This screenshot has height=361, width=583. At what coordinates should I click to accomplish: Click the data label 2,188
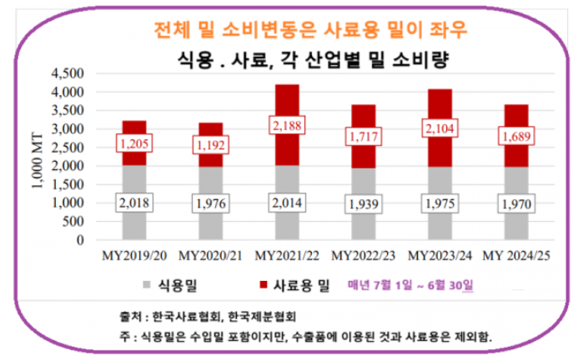[x=288, y=126]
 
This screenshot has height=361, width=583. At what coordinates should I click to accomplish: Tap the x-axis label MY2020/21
[x=211, y=253]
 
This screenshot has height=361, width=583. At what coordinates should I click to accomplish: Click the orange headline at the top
[x=310, y=28]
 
